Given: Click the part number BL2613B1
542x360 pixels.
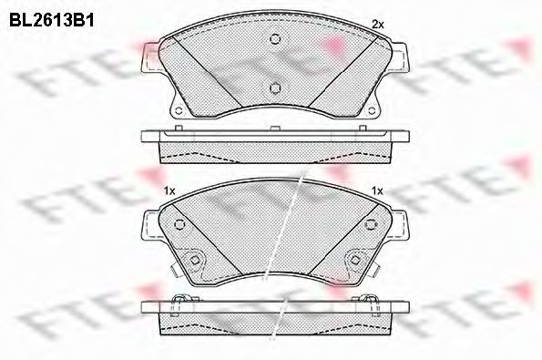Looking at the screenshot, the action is point(52,20).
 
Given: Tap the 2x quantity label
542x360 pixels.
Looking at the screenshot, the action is point(377,25).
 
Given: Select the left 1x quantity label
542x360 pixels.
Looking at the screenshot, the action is point(169,190).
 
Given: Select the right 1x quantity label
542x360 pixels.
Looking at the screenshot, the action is point(377,190).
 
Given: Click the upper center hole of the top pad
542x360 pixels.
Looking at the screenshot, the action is point(275,38).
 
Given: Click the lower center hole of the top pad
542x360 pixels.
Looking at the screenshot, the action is point(275,88).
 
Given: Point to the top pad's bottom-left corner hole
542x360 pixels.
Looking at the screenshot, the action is point(179,110).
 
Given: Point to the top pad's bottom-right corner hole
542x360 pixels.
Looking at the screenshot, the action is point(372,110).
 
